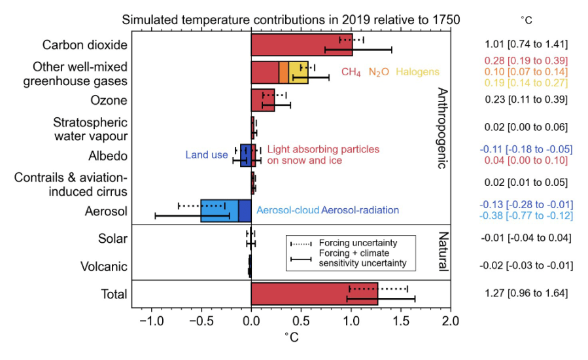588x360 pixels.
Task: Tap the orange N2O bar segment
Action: pos(284,73)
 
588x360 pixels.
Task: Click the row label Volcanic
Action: pos(104,266)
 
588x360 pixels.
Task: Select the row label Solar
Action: pos(112,238)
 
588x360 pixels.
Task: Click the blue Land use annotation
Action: pos(207,155)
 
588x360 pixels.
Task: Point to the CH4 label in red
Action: pos(351,73)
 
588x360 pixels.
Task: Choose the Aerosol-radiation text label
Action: pos(360,211)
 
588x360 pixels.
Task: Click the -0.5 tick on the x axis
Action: pos(201,321)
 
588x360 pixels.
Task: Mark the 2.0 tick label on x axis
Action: pos(450,321)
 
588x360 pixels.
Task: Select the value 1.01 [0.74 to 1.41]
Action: pos(526,45)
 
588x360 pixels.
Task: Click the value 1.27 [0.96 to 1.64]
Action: pos(526,293)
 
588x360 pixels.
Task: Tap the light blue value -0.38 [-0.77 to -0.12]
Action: pos(526,216)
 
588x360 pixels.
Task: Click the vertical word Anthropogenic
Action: pos(441,128)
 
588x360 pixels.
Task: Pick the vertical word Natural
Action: pos(441,252)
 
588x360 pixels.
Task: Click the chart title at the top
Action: pos(291,20)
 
